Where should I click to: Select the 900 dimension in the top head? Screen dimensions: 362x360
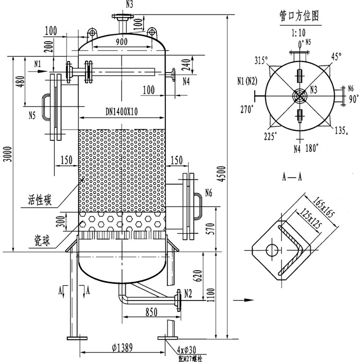click(x=122, y=42)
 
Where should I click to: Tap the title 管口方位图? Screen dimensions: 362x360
click(x=299, y=16)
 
